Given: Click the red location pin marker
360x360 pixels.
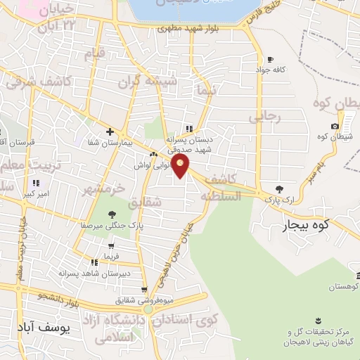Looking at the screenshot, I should [181, 166].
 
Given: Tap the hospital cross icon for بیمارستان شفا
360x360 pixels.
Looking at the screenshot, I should [110, 131].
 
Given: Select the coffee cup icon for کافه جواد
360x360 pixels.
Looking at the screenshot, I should [270, 59].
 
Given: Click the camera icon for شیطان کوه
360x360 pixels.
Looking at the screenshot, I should [335, 127].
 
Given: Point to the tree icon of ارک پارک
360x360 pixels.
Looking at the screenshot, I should [280, 188].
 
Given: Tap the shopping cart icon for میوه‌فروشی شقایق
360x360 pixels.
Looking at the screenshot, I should [144, 290].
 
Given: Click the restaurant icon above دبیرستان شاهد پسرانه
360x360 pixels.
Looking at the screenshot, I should [95, 262].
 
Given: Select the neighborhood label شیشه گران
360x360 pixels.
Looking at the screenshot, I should [149, 82].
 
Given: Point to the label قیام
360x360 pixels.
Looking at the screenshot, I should [94, 53].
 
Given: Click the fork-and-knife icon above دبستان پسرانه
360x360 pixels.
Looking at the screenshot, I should [188, 129].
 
